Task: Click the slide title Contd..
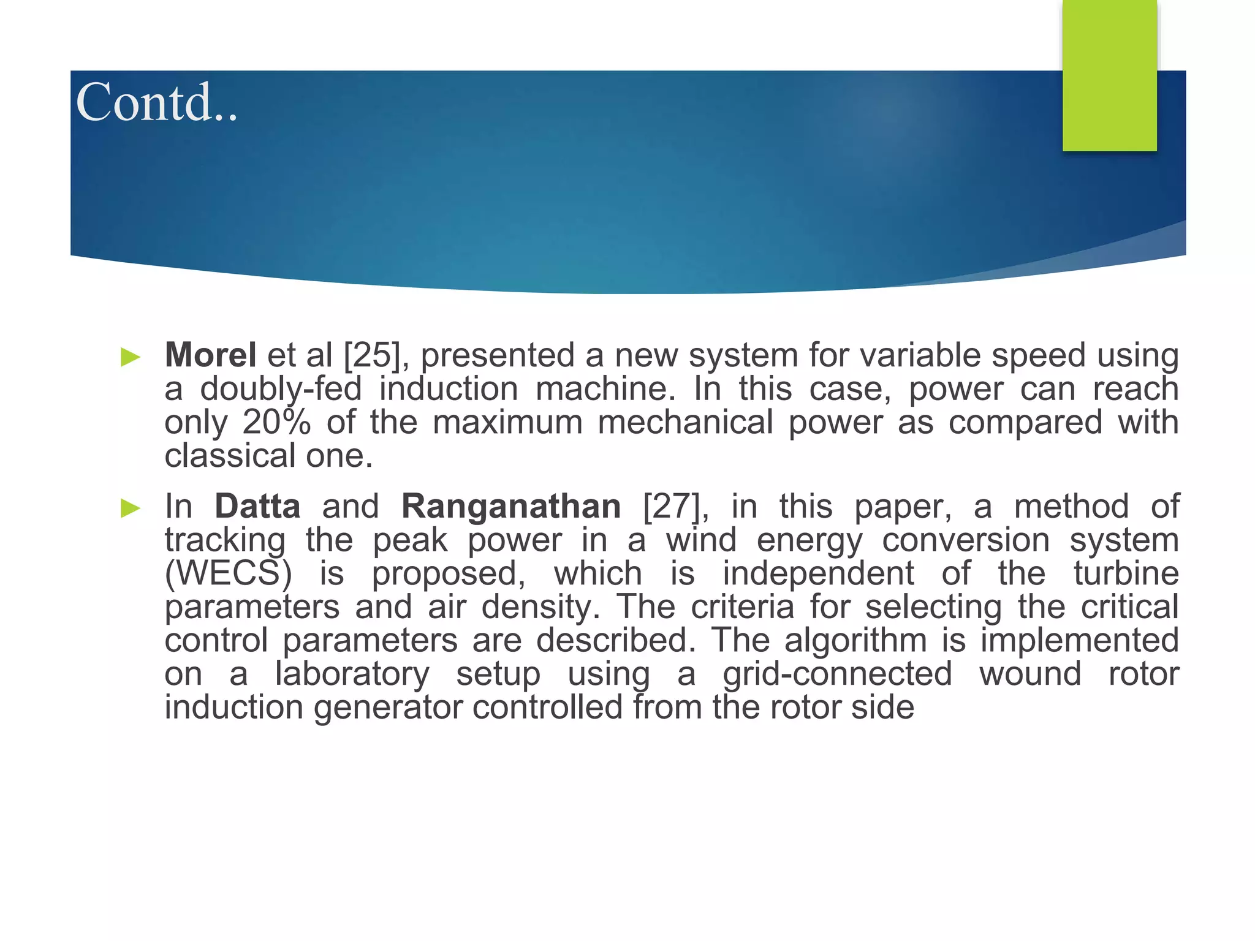tap(156, 102)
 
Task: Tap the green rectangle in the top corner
tap(1109, 75)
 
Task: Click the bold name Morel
tap(210, 355)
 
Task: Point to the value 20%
tap(276, 423)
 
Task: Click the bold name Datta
tap(257, 507)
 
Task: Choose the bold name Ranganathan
tap(511, 507)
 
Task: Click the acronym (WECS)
tap(228, 574)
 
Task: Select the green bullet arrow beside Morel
tap(131, 357)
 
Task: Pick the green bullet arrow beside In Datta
tap(131, 508)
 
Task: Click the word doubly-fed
tap(281, 390)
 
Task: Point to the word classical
tap(230, 456)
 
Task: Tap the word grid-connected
tap(837, 675)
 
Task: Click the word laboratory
tap(352, 675)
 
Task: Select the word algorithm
tap(855, 641)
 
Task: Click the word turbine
tap(1126, 574)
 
